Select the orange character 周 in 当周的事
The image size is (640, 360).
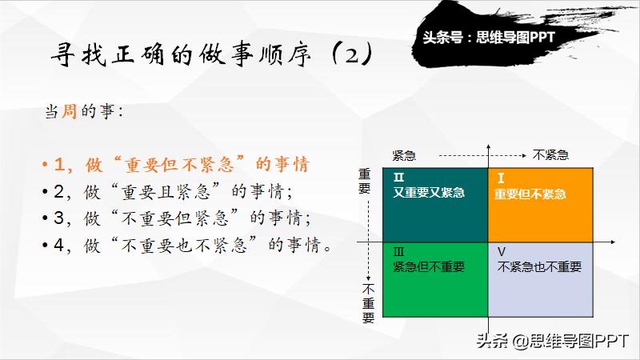click(x=70, y=112)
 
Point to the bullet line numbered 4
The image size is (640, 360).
click(x=189, y=245)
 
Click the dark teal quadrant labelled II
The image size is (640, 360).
click(x=435, y=204)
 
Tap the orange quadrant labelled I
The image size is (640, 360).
click(x=540, y=204)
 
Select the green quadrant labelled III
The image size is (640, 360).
click(x=435, y=280)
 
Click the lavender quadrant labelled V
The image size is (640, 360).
click(x=540, y=280)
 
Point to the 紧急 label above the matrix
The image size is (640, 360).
click(x=403, y=155)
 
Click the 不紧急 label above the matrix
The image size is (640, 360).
click(x=550, y=155)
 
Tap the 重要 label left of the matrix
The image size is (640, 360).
click(x=366, y=182)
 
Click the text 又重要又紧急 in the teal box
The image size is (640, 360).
click(x=429, y=193)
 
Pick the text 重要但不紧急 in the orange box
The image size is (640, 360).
click(x=530, y=194)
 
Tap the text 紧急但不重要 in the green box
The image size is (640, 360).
click(x=429, y=266)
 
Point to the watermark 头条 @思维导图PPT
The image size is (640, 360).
click(x=553, y=341)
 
